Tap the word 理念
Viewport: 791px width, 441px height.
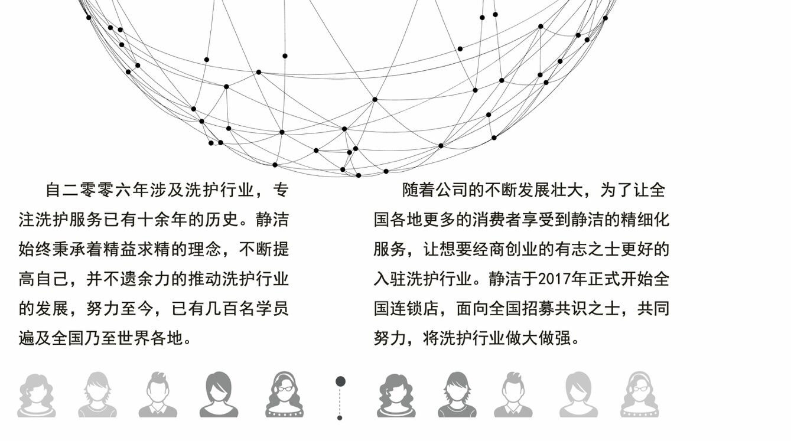(x=205, y=250)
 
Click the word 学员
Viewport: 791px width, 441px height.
(x=272, y=309)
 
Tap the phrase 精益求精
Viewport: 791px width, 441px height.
(x=138, y=250)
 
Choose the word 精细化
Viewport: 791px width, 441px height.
(x=645, y=220)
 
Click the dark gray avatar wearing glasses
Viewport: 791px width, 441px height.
(x=284, y=394)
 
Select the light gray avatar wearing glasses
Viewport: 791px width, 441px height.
(x=640, y=394)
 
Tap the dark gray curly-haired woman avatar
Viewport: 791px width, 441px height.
(x=396, y=395)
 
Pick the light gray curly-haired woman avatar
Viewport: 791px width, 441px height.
(x=37, y=395)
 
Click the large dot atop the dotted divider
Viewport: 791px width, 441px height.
(x=340, y=381)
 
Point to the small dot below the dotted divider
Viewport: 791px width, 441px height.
(x=340, y=418)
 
